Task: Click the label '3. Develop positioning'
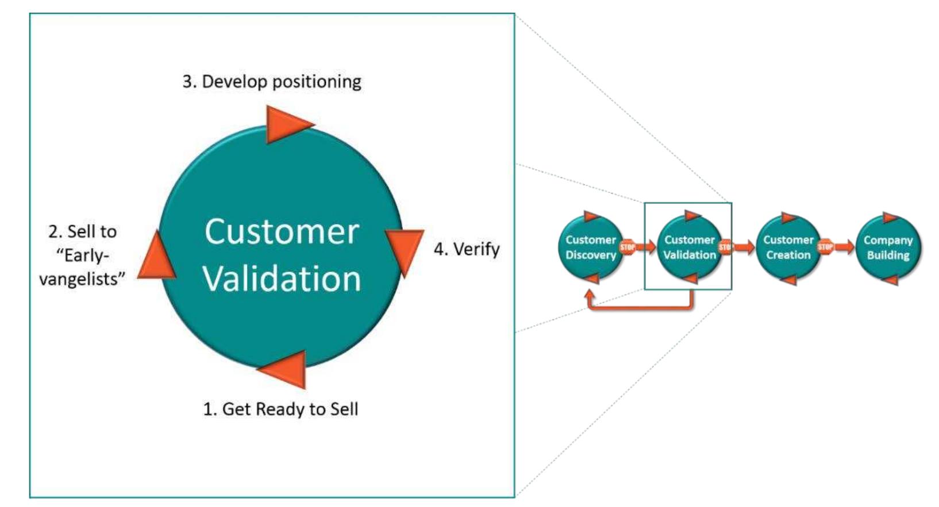click(272, 82)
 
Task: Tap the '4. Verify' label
click(466, 249)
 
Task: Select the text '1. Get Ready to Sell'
click(280, 409)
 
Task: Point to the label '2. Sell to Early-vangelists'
click(82, 255)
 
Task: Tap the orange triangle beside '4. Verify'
click(405, 251)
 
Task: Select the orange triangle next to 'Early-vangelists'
click(156, 257)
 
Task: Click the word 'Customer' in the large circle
click(282, 231)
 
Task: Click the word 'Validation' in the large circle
click(282, 278)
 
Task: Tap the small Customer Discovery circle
click(590, 247)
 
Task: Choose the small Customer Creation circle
click(788, 247)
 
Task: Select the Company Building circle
click(888, 247)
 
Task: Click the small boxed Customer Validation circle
click(689, 247)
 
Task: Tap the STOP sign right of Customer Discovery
click(627, 247)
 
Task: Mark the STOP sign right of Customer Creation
click(825, 247)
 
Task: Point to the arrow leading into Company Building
click(845, 247)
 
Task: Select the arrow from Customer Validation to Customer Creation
click(745, 247)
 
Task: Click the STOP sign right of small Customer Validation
click(725, 247)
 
